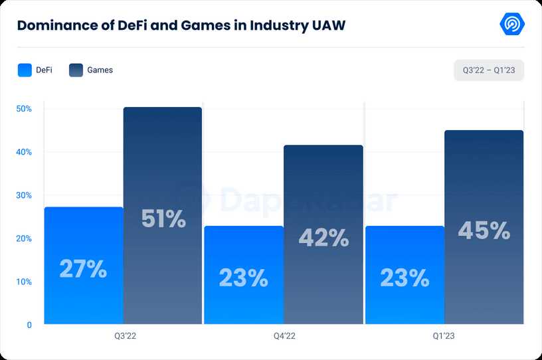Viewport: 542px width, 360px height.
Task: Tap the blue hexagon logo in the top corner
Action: click(x=512, y=24)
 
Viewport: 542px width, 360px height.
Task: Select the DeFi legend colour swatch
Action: click(x=25, y=70)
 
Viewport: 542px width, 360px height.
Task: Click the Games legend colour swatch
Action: click(x=76, y=70)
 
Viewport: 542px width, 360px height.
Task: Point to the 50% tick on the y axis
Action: click(x=24, y=109)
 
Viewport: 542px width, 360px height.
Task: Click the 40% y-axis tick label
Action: click(x=24, y=152)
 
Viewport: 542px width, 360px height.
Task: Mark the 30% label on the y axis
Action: click(x=24, y=195)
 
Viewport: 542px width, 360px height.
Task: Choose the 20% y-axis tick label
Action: click(x=24, y=238)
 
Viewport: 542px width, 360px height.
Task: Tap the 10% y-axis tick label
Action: click(x=24, y=282)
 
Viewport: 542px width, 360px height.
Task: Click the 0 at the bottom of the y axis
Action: click(x=29, y=325)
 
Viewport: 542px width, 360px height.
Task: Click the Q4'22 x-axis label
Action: click(x=284, y=337)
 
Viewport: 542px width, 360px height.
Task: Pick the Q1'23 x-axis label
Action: click(x=444, y=337)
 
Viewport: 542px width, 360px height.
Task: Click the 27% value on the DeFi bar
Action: click(x=83, y=269)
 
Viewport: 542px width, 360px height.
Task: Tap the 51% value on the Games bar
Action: click(x=163, y=219)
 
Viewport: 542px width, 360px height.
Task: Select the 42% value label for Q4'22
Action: click(x=323, y=238)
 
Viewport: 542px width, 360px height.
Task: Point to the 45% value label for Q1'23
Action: click(x=484, y=230)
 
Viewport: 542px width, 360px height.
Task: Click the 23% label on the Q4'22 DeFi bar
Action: click(x=244, y=278)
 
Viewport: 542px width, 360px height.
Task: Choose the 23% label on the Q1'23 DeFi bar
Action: click(x=405, y=278)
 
